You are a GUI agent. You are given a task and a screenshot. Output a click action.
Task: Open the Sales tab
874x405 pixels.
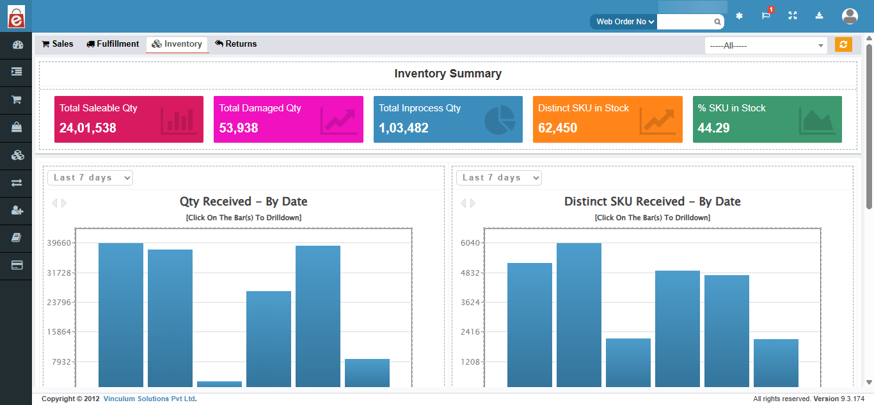(x=58, y=44)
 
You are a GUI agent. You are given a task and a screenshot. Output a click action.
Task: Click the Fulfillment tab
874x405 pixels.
(x=113, y=44)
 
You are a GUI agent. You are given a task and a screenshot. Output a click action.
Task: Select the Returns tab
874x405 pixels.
(x=236, y=44)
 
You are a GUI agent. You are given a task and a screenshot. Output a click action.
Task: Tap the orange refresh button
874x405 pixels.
(x=843, y=45)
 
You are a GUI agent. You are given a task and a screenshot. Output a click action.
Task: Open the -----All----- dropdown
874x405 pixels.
(x=765, y=45)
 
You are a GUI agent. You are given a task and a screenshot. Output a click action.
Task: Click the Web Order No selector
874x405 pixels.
(x=624, y=22)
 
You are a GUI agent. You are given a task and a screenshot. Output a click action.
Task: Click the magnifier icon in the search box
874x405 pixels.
(x=718, y=22)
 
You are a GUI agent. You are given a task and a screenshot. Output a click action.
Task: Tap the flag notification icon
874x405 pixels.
(x=766, y=16)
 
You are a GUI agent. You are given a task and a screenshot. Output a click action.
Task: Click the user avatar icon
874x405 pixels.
(x=850, y=16)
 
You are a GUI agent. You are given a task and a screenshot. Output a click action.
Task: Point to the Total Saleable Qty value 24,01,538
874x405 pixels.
(x=88, y=128)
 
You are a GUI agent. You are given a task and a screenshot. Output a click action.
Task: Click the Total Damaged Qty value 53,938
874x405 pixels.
(x=239, y=128)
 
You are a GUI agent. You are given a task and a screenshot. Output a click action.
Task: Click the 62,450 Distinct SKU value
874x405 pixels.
(x=557, y=128)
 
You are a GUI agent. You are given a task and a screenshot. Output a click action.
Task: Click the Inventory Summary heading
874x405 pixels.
(x=448, y=74)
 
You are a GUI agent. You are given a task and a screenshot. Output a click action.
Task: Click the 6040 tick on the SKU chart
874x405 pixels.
(x=470, y=243)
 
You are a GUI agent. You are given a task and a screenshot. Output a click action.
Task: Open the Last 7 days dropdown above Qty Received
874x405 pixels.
(x=90, y=178)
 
